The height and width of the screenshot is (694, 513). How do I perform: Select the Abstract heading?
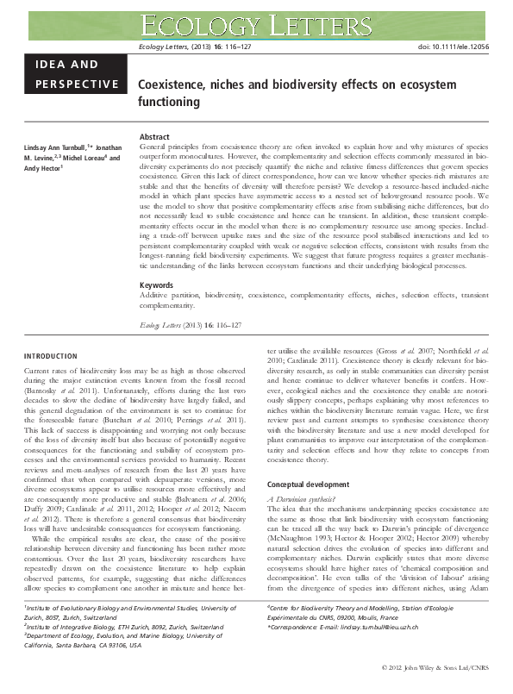[154, 137]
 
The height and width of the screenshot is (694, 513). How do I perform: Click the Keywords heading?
[156, 284]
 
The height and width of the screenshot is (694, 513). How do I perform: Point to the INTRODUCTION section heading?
[51, 356]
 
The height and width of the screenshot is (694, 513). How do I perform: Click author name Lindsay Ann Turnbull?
[56, 148]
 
